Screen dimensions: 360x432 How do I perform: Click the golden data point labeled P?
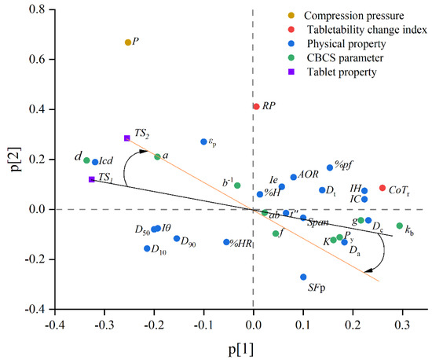click(x=128, y=42)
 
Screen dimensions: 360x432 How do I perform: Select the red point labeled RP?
click(x=256, y=106)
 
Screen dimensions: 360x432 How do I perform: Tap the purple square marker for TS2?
click(x=126, y=138)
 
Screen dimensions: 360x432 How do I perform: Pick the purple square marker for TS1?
click(x=92, y=179)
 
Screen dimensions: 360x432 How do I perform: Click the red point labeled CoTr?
click(x=383, y=188)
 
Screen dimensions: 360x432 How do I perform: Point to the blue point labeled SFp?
click(x=303, y=277)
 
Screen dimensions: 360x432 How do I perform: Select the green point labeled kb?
click(x=400, y=226)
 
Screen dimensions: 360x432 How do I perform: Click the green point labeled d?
click(x=86, y=160)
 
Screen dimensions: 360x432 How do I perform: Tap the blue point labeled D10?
click(x=147, y=248)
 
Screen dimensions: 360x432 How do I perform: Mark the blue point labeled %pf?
click(x=330, y=167)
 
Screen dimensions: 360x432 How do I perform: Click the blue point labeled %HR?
click(x=226, y=242)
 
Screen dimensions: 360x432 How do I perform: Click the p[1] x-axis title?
click(x=241, y=348)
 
